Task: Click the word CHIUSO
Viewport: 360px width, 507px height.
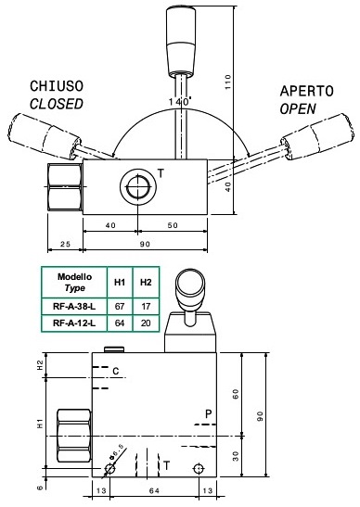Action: [57, 86]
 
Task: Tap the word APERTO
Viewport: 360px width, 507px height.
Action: [306, 91]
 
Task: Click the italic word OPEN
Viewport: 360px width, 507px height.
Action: [298, 109]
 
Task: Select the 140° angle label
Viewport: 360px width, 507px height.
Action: [180, 102]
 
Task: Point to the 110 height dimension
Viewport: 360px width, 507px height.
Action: [228, 82]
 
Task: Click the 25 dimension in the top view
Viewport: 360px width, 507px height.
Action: [65, 244]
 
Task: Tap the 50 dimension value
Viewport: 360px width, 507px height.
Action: [173, 225]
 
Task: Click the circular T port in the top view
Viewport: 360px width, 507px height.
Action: [138, 186]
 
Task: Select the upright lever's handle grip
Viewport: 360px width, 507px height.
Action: [181, 42]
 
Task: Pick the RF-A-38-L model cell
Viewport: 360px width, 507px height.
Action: [74, 306]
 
